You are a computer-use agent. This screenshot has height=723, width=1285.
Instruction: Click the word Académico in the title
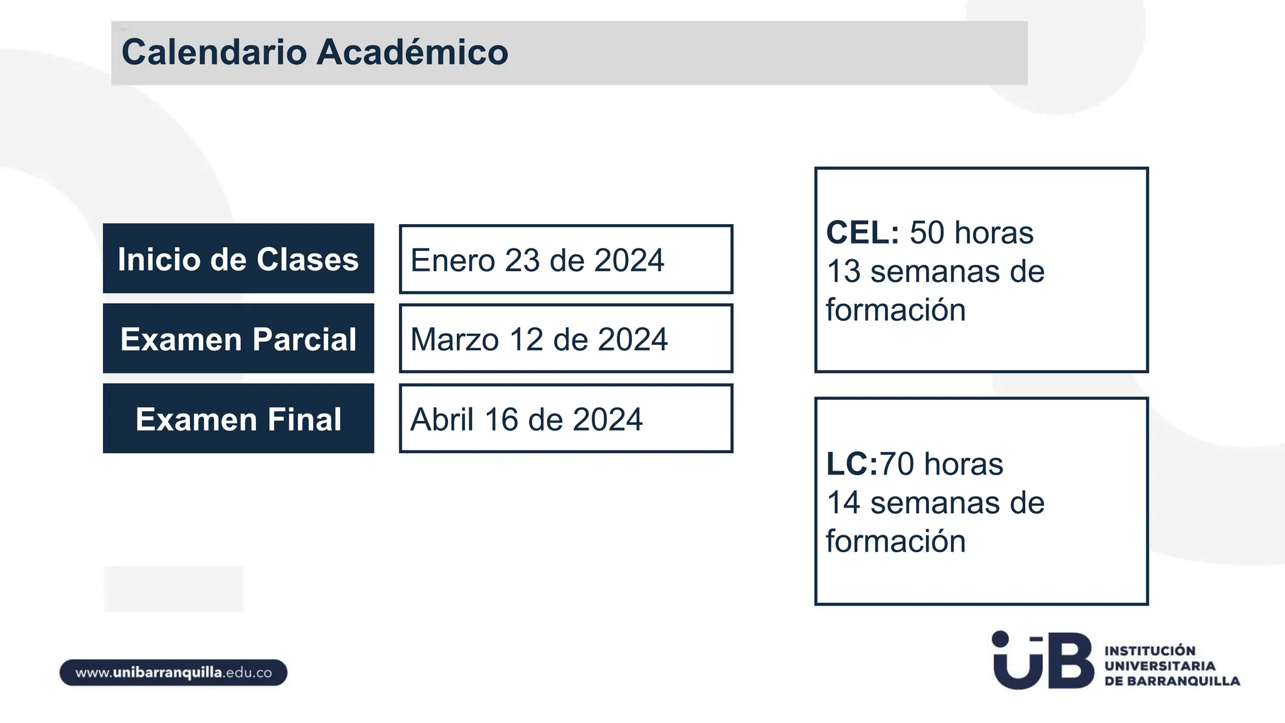pyautogui.click(x=412, y=52)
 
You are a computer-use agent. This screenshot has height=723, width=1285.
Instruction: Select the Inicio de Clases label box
pyautogui.click(x=238, y=259)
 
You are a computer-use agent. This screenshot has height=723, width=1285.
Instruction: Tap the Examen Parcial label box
pyautogui.click(x=238, y=339)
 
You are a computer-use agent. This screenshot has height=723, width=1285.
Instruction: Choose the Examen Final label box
pyautogui.click(x=238, y=419)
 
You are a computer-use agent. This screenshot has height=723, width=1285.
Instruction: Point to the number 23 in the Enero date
pyautogui.click(x=523, y=260)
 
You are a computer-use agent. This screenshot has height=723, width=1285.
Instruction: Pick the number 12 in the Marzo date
pyautogui.click(x=526, y=340)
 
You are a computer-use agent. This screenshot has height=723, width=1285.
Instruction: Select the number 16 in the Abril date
pyautogui.click(x=501, y=419)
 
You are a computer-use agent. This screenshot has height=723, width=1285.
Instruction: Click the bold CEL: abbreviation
pyautogui.click(x=863, y=233)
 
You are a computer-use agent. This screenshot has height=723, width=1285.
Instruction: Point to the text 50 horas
pyautogui.click(x=971, y=233)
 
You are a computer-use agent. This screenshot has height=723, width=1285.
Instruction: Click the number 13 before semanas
pyautogui.click(x=843, y=272)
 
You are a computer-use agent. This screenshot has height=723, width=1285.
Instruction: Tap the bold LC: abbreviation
pyautogui.click(x=851, y=464)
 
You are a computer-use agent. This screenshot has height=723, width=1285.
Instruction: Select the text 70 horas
pyautogui.click(x=941, y=464)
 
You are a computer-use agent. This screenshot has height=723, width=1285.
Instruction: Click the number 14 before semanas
pyautogui.click(x=843, y=503)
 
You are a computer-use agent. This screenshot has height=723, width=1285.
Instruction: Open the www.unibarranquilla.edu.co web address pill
pyautogui.click(x=174, y=673)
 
